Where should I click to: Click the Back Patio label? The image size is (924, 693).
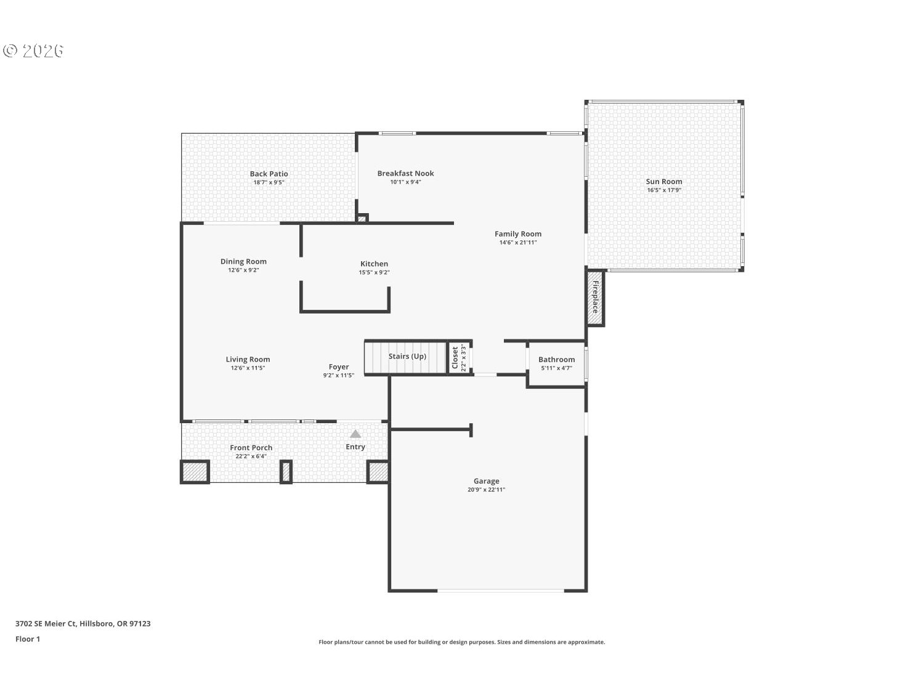269,174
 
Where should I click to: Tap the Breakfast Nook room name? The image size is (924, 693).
405,173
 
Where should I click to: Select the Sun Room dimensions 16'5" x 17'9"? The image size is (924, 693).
664,190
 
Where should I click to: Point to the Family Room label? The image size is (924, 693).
518,234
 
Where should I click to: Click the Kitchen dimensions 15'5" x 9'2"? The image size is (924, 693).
374,273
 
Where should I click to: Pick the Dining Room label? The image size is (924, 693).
243,262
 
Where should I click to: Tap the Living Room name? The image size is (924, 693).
248,359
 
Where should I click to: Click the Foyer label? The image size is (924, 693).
338,367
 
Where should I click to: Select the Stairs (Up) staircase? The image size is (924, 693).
405,357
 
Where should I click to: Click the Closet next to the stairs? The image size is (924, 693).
460,358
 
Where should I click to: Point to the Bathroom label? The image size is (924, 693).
556,360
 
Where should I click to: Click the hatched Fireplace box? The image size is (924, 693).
596,297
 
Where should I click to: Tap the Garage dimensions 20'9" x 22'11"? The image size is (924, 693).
486,490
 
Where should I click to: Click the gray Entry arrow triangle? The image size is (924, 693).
355,434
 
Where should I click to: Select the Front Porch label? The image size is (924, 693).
251,448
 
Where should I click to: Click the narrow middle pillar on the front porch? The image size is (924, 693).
286,472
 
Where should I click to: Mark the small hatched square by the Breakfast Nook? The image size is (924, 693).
362,219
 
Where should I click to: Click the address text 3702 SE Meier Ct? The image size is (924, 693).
46,623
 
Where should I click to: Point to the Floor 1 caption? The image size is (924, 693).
28,639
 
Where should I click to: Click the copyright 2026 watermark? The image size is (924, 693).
33,51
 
